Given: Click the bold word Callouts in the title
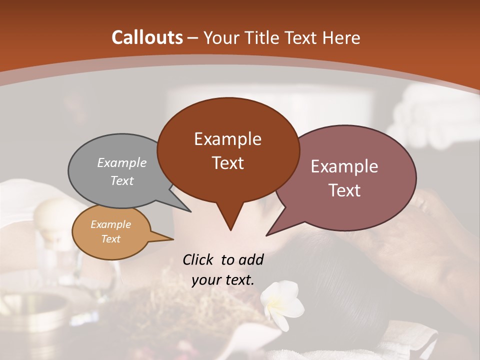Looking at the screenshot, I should pyautogui.click(x=147, y=37).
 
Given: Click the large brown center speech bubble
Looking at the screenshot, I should pyautogui.click(x=228, y=150).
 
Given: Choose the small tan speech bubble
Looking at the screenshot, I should pyautogui.click(x=111, y=232).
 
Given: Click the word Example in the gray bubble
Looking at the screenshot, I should pyautogui.click(x=122, y=163).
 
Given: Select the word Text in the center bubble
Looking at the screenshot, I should pyautogui.click(x=228, y=163).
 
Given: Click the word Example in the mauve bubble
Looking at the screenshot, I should pyautogui.click(x=344, y=166).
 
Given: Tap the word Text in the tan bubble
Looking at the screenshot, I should pyautogui.click(x=111, y=239).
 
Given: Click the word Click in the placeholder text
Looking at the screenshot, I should pyautogui.click(x=199, y=259).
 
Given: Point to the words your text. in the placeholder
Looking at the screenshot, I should pyautogui.click(x=223, y=280).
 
